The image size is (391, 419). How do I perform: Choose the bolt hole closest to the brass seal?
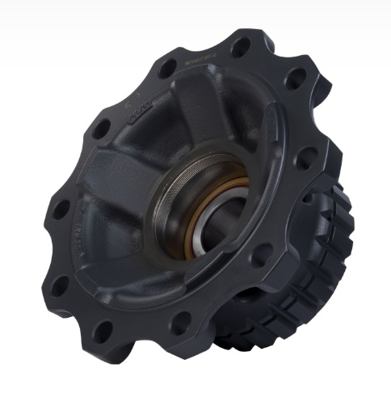coord(260,257)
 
